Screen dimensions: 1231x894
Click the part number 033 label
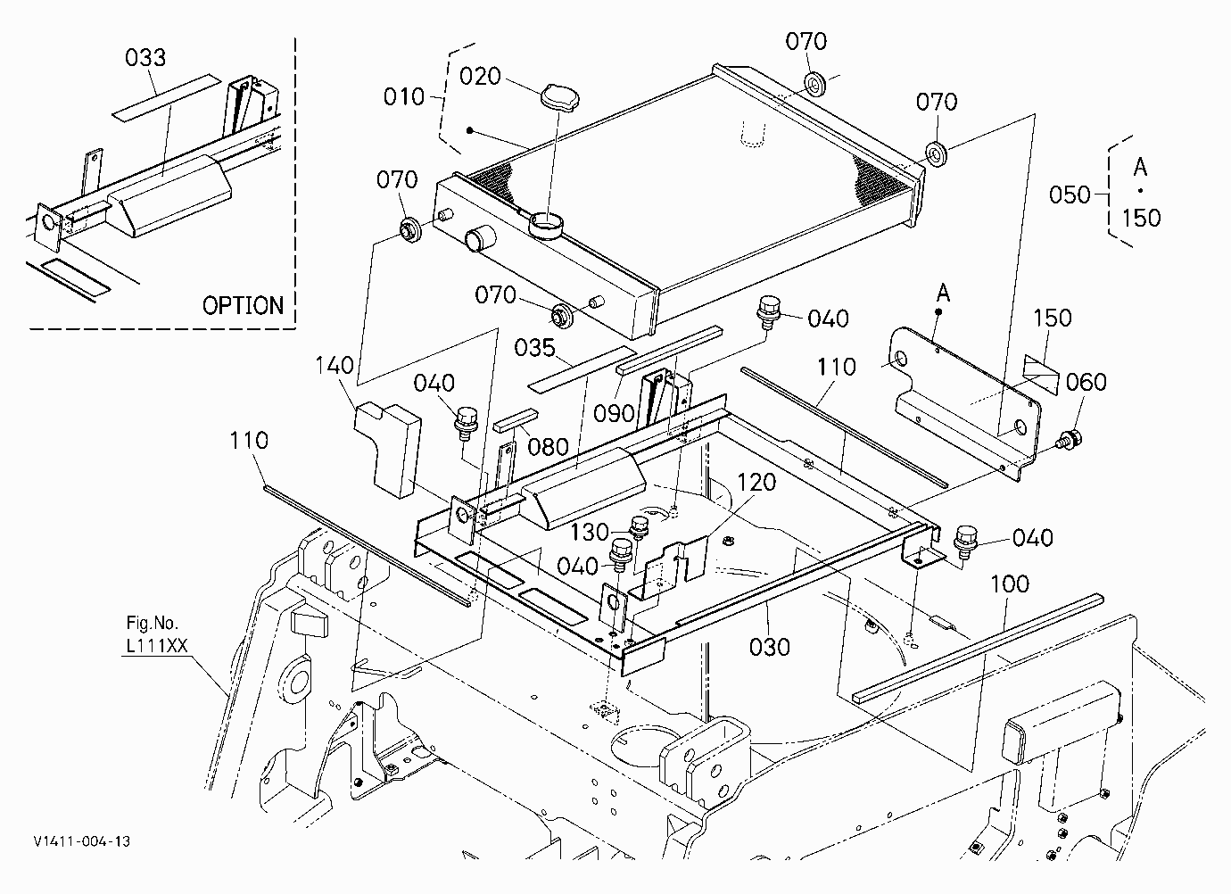coord(145,58)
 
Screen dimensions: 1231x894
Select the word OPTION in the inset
coord(243,306)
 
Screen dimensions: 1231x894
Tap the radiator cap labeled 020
coord(560,98)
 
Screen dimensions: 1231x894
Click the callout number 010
coord(404,97)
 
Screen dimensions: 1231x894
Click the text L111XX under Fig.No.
coord(157,645)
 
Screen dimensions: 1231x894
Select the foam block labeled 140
coord(389,449)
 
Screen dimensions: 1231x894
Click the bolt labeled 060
coord(1068,439)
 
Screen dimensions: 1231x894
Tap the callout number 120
coord(756,483)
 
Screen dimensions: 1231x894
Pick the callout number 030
coord(769,647)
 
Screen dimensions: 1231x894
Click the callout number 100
coord(1010,584)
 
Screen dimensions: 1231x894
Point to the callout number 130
coord(590,533)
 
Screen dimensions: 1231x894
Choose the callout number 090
coord(614,413)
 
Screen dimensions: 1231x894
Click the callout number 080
coord(548,447)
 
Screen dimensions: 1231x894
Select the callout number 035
coord(534,348)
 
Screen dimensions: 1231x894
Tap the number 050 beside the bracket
coord(1070,195)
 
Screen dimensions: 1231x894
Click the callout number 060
coord(1086,382)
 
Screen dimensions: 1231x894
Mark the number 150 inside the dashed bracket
coord(1141,219)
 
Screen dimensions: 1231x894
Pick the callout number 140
coord(335,366)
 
